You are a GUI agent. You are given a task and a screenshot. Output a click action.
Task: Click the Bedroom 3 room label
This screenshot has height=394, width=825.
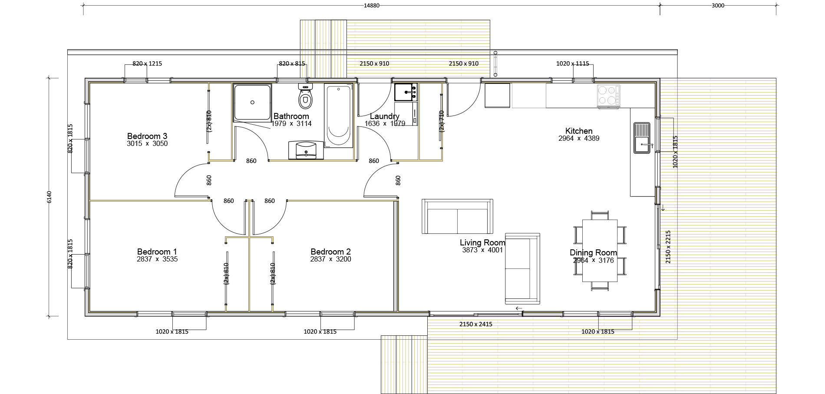click(x=147, y=136)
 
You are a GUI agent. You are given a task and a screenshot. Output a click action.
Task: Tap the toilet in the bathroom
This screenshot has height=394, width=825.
click(x=306, y=96)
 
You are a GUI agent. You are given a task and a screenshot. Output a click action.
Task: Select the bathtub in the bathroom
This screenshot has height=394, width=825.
click(x=338, y=116)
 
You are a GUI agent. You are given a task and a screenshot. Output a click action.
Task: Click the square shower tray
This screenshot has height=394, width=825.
click(x=253, y=103)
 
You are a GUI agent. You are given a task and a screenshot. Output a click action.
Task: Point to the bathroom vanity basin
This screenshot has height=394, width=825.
click(x=307, y=149)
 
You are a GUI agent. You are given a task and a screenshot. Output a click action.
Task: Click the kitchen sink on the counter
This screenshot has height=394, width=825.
click(x=642, y=138)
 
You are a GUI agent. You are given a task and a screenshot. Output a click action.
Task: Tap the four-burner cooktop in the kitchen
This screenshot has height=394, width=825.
click(x=608, y=96)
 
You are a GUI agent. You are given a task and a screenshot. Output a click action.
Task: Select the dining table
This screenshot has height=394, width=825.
click(x=600, y=250)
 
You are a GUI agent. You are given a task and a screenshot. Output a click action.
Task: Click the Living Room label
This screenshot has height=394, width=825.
click(x=482, y=243)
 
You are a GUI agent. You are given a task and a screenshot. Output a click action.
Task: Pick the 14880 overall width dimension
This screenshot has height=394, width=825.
click(x=370, y=6)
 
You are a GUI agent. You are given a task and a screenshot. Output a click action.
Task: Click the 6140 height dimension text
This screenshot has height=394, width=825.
click(x=49, y=197)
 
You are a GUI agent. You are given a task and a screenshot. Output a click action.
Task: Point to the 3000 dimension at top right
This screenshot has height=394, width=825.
click(x=718, y=6)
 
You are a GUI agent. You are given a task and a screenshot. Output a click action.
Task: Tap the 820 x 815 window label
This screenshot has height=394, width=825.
click(x=292, y=63)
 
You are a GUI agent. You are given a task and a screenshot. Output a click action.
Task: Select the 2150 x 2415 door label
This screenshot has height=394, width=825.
click(x=476, y=324)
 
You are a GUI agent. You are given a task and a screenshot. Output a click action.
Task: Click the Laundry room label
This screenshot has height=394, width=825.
click(x=385, y=116)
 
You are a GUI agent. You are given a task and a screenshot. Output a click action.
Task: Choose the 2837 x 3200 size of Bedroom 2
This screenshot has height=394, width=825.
click(x=330, y=259)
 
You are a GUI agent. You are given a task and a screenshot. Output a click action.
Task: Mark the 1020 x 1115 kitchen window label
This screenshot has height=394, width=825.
click(x=573, y=63)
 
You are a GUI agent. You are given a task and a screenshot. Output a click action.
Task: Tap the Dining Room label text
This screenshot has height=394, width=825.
click(x=593, y=253)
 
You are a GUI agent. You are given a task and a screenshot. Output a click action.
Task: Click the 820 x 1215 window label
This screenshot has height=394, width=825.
click(x=147, y=63)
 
